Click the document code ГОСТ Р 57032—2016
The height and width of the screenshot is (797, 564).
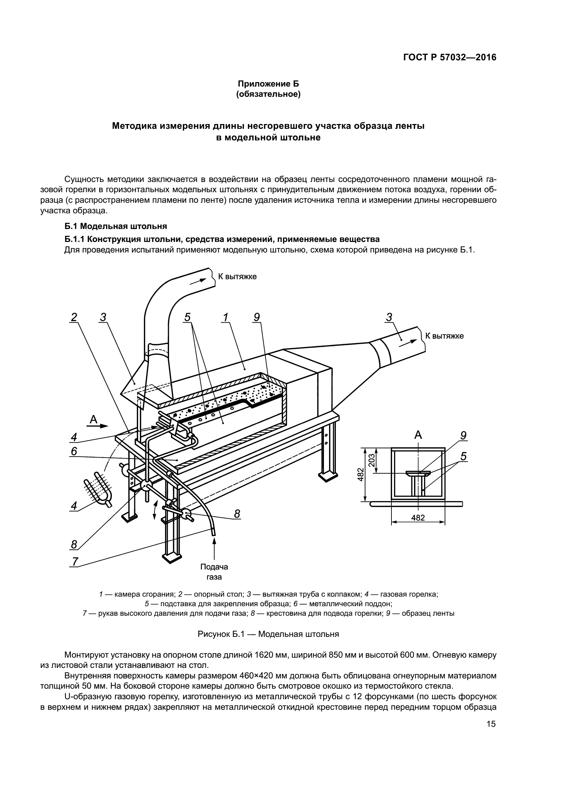coord(450,58)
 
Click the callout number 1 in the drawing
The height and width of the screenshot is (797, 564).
coord(225,317)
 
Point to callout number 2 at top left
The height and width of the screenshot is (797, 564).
coord(74,317)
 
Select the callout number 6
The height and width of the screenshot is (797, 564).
coord(74,451)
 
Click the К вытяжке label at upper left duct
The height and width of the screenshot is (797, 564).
coord(237,277)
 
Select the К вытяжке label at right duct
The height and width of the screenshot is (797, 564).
coord(444,336)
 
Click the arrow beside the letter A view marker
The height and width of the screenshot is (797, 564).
coord(103,425)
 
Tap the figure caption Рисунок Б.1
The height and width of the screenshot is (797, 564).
coord(268,634)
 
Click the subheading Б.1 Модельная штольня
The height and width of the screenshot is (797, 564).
coord(116,226)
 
